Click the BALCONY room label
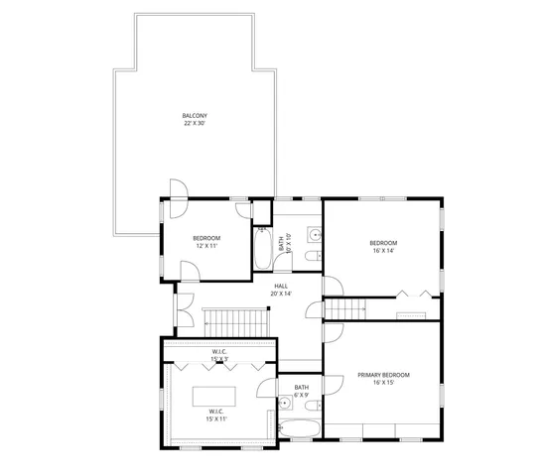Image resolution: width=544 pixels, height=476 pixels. pyautogui.click(x=195, y=115)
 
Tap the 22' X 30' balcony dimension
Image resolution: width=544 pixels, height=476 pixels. pyautogui.click(x=195, y=124)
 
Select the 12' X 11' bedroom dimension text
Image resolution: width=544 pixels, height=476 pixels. pyautogui.click(x=205, y=246)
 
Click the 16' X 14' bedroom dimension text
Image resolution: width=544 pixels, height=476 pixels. pyautogui.click(x=383, y=251)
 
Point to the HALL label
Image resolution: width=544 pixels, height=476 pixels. pyautogui.click(x=281, y=286)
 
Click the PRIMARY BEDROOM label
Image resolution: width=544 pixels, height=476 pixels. pyautogui.click(x=383, y=375)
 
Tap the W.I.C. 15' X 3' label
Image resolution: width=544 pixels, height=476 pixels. pyautogui.click(x=219, y=355)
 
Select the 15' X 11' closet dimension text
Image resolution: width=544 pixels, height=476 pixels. pyautogui.click(x=216, y=419)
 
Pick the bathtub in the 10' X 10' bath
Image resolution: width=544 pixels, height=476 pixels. pyautogui.click(x=262, y=249)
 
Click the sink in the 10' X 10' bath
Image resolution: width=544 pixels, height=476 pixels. pyautogui.click(x=314, y=235)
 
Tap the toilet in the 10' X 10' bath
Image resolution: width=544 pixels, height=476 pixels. pyautogui.click(x=312, y=258)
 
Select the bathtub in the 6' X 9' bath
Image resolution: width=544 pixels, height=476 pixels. pyautogui.click(x=297, y=429)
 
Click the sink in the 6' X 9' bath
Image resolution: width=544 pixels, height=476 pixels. pyautogui.click(x=284, y=404)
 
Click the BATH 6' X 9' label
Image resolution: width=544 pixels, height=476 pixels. pyautogui.click(x=301, y=391)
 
